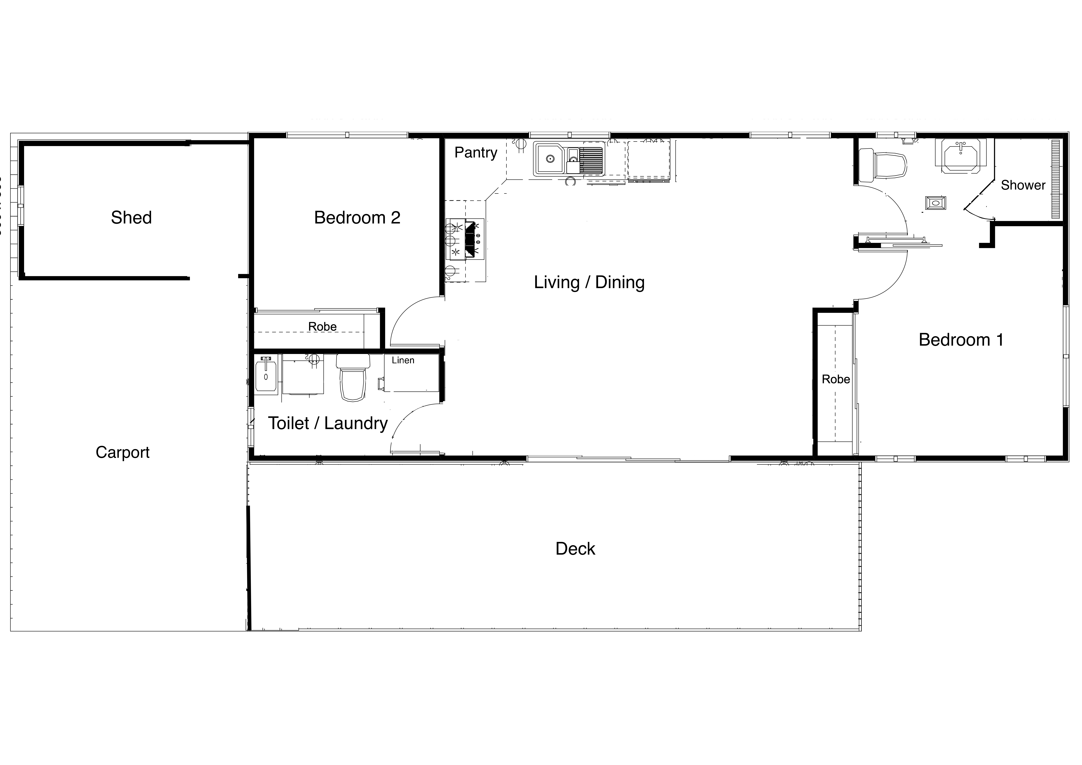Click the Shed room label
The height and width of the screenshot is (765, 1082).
pyautogui.click(x=131, y=218)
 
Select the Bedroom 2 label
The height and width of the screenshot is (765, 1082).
pyautogui.click(x=357, y=218)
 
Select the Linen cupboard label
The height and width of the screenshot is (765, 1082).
pyautogui.click(x=403, y=360)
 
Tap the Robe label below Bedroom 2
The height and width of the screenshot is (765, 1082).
pyautogui.click(x=322, y=327)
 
